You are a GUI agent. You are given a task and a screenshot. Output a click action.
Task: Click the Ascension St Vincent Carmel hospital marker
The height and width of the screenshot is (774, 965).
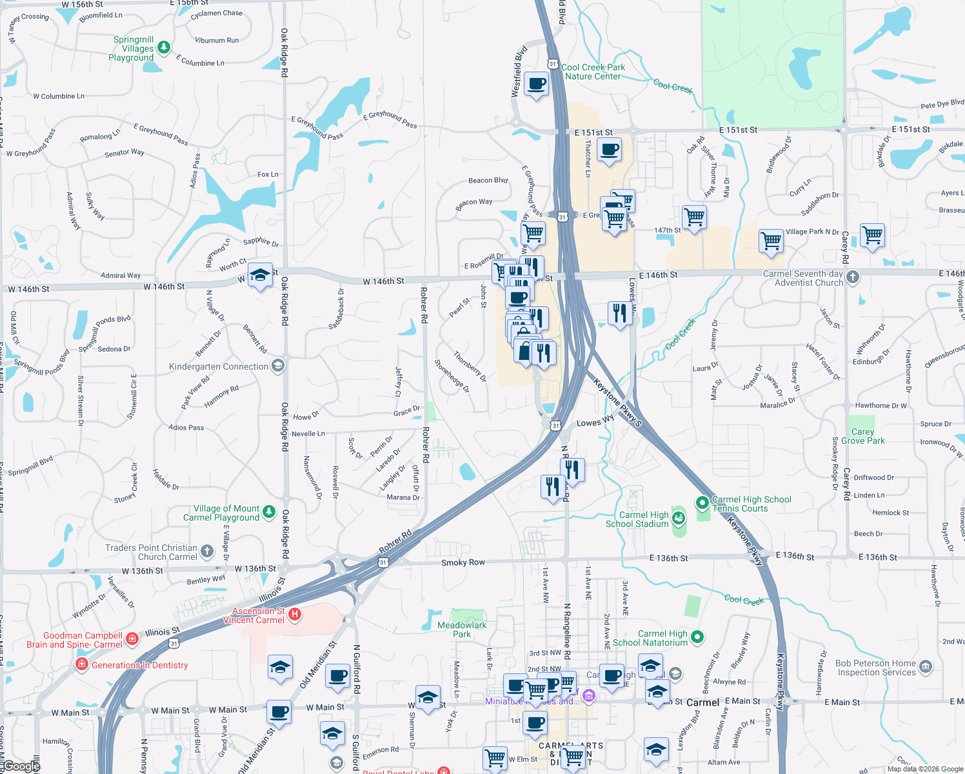point(295,614)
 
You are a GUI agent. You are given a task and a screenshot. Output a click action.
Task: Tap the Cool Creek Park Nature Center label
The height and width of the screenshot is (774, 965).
point(593,72)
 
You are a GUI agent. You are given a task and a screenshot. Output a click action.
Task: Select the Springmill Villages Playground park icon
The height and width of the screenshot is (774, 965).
point(164,47)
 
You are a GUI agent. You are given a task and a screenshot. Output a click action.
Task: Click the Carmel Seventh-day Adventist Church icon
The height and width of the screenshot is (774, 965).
point(853,277)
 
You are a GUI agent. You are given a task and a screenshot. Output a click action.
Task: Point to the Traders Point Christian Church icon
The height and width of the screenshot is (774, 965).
point(207,551)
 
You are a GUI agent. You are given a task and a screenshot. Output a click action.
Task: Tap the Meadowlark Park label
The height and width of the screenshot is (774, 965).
point(462,630)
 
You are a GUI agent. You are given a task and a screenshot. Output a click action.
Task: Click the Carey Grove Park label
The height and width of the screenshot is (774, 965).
point(862,437)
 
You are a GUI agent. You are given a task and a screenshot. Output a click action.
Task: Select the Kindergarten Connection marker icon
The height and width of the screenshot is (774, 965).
point(278,366)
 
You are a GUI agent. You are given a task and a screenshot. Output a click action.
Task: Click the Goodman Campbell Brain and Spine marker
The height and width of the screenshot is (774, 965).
point(132,639)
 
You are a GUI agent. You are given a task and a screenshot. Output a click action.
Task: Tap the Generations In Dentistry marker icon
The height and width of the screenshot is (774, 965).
point(82,664)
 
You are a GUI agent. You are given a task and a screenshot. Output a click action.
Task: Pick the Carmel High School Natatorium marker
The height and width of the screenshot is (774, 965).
point(697,637)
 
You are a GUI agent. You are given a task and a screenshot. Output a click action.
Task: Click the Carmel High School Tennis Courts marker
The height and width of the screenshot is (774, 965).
point(702,502)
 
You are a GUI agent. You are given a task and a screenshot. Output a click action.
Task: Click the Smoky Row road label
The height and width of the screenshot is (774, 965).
point(463,562)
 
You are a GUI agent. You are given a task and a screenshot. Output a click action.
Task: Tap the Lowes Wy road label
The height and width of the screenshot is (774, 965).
point(595,422)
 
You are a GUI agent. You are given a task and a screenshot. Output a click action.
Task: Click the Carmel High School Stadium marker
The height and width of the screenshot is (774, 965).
point(678,518)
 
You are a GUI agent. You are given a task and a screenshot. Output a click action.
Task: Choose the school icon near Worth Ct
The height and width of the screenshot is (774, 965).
point(260,275)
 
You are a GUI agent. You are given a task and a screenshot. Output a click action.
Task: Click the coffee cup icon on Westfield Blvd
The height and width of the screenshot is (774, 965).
point(536,84)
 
